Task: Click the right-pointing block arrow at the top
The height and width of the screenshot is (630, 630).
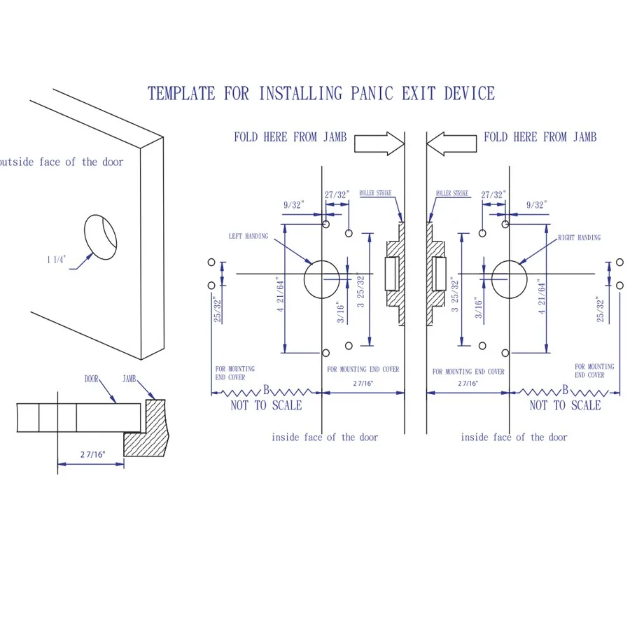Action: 379,143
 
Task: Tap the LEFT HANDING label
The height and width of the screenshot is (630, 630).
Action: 248,237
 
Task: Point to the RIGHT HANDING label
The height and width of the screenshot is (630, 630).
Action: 579,238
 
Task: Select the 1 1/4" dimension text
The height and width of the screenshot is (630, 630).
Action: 57,260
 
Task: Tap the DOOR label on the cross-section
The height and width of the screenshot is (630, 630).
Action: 92,379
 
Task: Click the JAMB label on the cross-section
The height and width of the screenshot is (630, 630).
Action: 129,379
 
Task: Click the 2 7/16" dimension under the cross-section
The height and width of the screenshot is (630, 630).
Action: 92,454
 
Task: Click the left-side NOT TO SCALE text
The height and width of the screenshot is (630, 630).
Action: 267,405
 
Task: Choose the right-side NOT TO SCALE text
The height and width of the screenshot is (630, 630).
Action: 565,405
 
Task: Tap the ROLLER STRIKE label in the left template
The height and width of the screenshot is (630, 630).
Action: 375,193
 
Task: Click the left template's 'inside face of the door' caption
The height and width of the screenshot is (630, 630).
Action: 325,437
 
